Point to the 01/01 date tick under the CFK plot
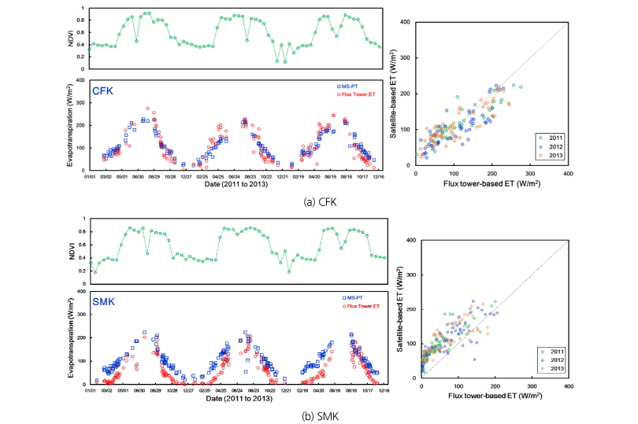[x=89, y=177]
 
